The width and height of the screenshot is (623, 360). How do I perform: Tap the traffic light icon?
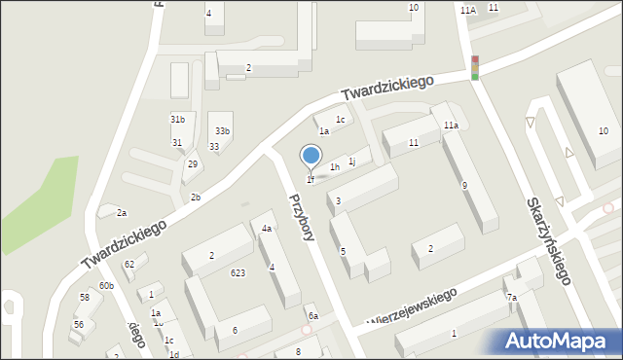tap(475, 67)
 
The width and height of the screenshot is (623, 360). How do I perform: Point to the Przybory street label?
tap(301, 224)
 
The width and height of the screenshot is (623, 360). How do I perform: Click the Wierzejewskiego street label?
tap(412, 306)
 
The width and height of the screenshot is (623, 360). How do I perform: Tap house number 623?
tap(238, 273)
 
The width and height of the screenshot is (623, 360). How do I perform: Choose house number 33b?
tap(223, 131)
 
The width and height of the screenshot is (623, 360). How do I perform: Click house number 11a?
tap(451, 126)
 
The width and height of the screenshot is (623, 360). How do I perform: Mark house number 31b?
tap(177, 120)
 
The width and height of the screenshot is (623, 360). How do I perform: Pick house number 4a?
tap(266, 230)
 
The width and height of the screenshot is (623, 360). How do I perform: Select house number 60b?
tap(106, 285)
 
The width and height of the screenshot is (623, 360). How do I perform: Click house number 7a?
tap(511, 297)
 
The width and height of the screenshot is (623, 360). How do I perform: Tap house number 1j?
tap(351, 161)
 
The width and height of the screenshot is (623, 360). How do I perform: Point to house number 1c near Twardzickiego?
tap(340, 120)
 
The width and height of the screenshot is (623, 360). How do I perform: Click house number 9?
tap(464, 185)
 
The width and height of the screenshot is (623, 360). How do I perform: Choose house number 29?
tap(193, 164)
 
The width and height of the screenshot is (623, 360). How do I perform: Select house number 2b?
tap(196, 198)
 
